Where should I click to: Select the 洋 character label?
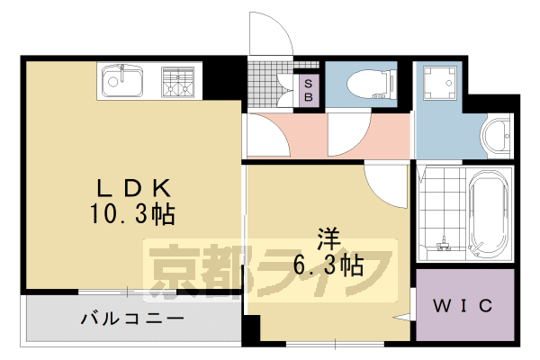tap(327, 239)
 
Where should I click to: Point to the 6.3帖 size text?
tap(328, 265)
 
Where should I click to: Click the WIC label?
tap(464, 306)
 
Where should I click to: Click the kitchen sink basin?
tap(121, 81)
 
